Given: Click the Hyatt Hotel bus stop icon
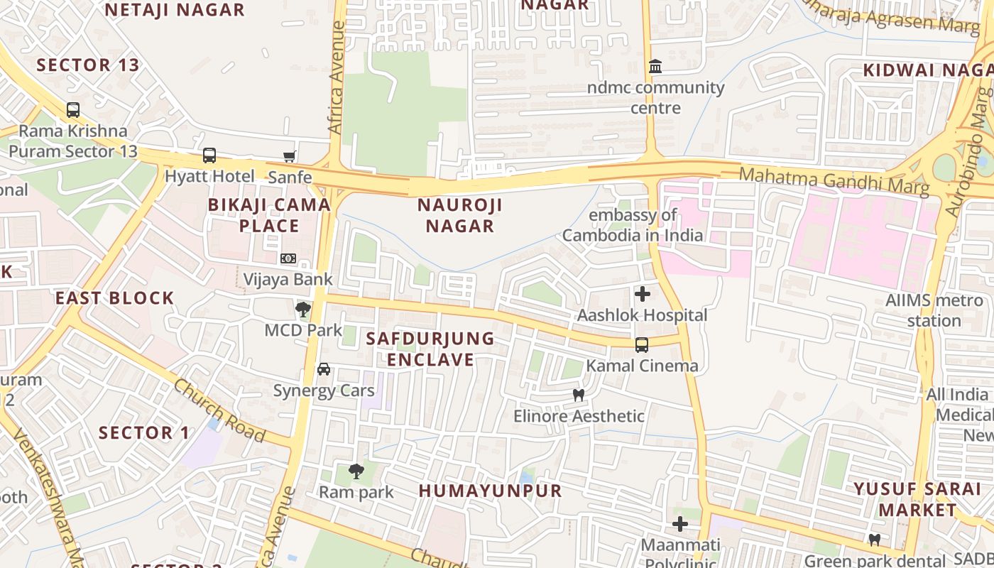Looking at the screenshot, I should pyautogui.click(x=209, y=155).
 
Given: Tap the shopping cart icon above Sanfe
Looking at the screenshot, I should pyautogui.click(x=289, y=156).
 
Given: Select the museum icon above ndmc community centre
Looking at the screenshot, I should pyautogui.click(x=655, y=67).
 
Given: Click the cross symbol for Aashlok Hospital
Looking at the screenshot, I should pyautogui.click(x=643, y=294).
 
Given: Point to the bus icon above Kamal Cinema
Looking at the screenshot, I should pyautogui.click(x=642, y=345).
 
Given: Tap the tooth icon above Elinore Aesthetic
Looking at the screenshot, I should pyautogui.click(x=579, y=395).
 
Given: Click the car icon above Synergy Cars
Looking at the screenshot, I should pyautogui.click(x=324, y=369).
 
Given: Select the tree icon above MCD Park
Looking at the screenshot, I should pyautogui.click(x=303, y=310).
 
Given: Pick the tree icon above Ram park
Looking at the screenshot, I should pyautogui.click(x=356, y=471).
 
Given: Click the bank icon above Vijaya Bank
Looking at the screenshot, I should pyautogui.click(x=288, y=258).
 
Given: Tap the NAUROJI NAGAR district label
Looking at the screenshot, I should pyautogui.click(x=460, y=216).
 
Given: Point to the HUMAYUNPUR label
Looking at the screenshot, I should pyautogui.click(x=490, y=491).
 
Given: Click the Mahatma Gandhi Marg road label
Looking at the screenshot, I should pyautogui.click(x=834, y=180).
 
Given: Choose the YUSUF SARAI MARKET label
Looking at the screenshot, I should pyautogui.click(x=917, y=499).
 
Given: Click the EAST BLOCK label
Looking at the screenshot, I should pyautogui.click(x=115, y=298).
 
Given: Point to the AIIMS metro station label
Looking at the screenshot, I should pyautogui.click(x=934, y=310).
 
